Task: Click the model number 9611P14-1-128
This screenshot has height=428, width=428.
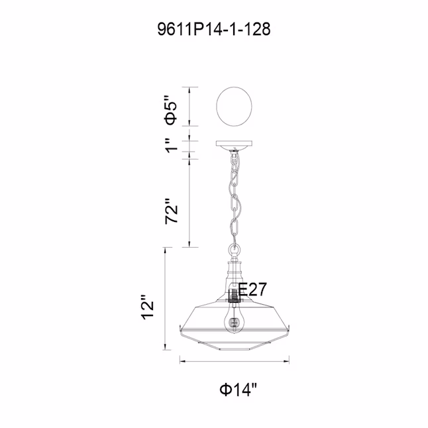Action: (x=214, y=29)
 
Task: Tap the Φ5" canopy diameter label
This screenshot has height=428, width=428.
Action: (x=170, y=110)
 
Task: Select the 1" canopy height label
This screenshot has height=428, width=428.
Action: (x=172, y=146)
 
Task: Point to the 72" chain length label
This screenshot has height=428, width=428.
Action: (x=172, y=211)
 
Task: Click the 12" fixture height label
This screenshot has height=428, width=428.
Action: (x=148, y=307)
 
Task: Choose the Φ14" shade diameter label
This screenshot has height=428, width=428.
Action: (x=239, y=389)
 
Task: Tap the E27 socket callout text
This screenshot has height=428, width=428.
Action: (x=252, y=289)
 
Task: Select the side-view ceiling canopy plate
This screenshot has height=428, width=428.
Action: (x=234, y=144)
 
